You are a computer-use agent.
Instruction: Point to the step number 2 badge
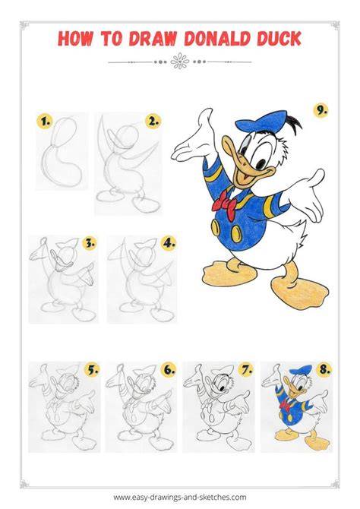pyautogui.click(x=153, y=122)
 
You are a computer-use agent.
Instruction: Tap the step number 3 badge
pyautogui.click(x=90, y=243)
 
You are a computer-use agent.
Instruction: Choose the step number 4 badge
pyautogui.click(x=169, y=243)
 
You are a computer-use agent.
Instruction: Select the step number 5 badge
pyautogui.click(x=92, y=369)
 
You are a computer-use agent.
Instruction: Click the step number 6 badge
pyautogui.click(x=169, y=369)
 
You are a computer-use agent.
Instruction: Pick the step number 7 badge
pyautogui.click(x=246, y=369)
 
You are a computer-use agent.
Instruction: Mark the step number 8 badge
pyautogui.click(x=324, y=369)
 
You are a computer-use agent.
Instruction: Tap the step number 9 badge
pyautogui.click(x=321, y=110)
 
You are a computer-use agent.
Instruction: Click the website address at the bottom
pyautogui.click(x=180, y=497)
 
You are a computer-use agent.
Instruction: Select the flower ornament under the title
pyautogui.click(x=179, y=62)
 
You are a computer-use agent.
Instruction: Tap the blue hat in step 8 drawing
pyautogui.click(x=300, y=370)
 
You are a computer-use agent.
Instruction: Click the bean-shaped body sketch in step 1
pyautogui.click(x=62, y=152)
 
